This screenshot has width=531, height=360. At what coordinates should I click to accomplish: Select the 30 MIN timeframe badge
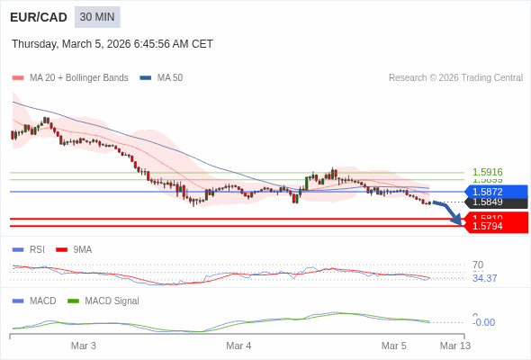point(97,17)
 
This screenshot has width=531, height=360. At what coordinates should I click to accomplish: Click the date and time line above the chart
point(112,43)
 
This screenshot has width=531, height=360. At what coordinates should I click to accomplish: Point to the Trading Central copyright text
point(455,77)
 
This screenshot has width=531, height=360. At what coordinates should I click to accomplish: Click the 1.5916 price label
point(487,172)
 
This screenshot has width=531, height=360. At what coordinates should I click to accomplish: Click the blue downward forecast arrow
point(448,212)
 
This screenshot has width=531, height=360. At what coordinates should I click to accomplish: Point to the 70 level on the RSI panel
point(478,265)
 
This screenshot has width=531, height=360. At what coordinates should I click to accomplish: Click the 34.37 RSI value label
point(484,278)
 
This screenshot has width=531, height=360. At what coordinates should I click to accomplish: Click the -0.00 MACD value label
point(483,322)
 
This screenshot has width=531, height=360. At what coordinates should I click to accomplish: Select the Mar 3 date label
point(84,346)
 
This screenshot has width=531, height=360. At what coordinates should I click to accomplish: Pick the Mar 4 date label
point(238,346)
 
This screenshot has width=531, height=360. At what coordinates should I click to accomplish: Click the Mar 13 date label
point(454,346)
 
